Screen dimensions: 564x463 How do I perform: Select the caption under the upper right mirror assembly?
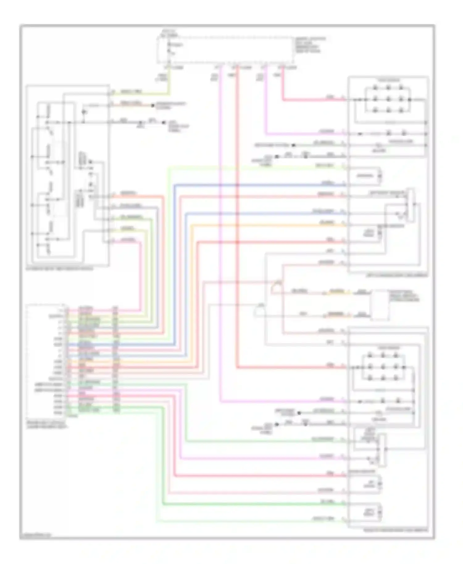click(397, 275)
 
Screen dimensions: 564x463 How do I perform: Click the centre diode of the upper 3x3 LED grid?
click(388, 99)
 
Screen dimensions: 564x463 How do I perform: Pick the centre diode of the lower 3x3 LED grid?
click(383, 367)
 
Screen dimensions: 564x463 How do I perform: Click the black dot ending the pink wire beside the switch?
click(152, 106)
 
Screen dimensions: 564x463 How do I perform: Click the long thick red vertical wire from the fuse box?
click(237, 216)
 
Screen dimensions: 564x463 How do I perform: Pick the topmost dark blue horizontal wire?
click(259, 185)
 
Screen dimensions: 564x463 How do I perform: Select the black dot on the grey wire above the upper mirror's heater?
click(294, 145)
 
